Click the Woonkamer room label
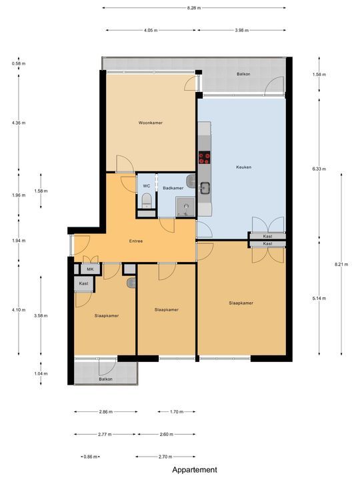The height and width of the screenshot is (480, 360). click(x=151, y=123)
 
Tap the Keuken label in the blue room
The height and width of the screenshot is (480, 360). click(x=243, y=167)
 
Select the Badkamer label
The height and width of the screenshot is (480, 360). click(x=173, y=188)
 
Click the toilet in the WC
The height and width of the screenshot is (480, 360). click(x=146, y=199)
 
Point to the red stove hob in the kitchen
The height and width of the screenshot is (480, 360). click(x=205, y=158)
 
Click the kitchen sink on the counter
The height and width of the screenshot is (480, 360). click(x=205, y=187)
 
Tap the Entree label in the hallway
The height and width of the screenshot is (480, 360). click(x=136, y=241)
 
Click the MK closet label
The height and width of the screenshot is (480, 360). click(x=91, y=269)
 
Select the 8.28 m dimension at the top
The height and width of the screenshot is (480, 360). click(x=194, y=8)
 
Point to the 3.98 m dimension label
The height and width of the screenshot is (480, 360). click(x=243, y=30)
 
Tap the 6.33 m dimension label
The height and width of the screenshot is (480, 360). click(x=320, y=169)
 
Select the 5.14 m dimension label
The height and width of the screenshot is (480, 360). click(x=320, y=298)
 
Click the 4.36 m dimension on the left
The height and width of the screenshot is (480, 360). click(x=17, y=123)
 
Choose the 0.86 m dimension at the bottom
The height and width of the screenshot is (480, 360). click(x=89, y=457)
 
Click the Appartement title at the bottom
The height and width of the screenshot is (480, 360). click(x=195, y=469)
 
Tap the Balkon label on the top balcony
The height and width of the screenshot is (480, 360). click(x=244, y=74)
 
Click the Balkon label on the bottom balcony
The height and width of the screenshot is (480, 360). click(x=105, y=379)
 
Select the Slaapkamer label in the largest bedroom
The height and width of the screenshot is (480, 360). click(x=241, y=303)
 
